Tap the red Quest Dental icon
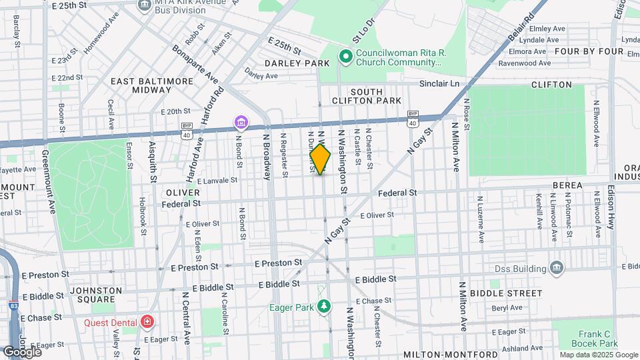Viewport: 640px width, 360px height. click(147, 323)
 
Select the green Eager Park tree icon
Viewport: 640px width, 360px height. click(324, 307)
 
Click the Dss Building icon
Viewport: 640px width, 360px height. click(557, 269)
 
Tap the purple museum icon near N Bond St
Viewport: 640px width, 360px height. click(240, 123)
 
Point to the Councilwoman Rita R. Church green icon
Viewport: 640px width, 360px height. click(345, 57)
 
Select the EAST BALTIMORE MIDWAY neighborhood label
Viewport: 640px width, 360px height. click(152, 85)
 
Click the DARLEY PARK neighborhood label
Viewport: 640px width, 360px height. click(297, 63)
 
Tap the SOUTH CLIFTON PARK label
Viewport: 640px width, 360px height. click(375, 96)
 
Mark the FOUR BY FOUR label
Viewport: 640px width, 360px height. click(589, 51)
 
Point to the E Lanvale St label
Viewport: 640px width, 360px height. click(216, 180)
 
